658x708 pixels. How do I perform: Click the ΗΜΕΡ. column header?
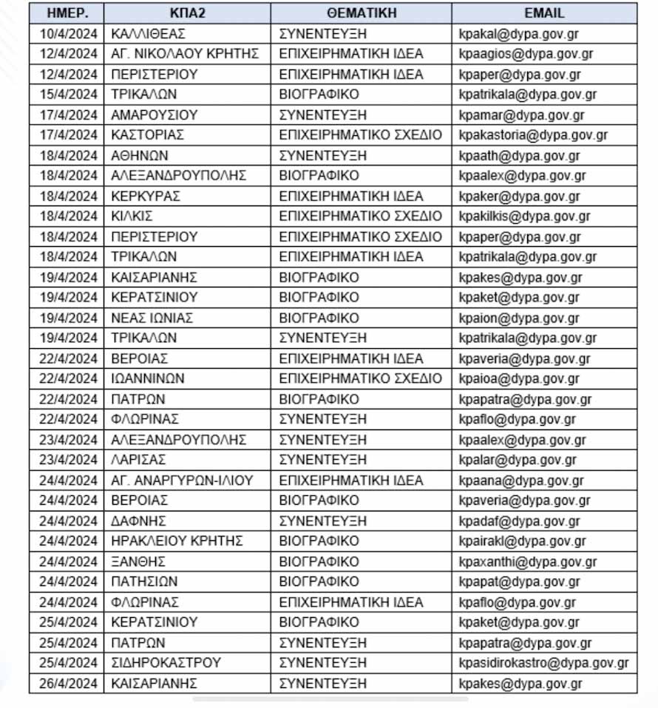[67, 13]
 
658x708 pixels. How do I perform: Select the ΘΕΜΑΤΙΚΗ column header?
[361, 13]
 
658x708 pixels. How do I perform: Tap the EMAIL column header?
[544, 13]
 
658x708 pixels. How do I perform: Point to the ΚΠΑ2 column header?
[186, 13]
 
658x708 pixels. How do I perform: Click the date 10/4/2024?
[68, 33]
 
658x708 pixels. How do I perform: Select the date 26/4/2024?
[68, 683]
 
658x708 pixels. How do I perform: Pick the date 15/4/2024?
[68, 95]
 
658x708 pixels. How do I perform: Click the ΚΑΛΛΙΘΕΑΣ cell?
[148, 33]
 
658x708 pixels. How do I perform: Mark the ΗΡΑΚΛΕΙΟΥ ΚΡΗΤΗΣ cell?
[177, 541]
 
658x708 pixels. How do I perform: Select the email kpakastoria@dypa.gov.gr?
[532, 135]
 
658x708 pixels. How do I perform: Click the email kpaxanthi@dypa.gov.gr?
[527, 562]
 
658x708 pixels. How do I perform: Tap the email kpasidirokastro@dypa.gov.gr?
[543, 663]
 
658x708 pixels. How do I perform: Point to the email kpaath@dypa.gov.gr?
[519, 155]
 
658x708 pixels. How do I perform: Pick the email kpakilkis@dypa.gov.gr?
[524, 217]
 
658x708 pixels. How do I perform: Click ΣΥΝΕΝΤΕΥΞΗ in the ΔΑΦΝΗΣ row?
[322, 521]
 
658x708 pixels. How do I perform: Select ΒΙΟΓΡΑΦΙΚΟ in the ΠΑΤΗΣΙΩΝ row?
[319, 582]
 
